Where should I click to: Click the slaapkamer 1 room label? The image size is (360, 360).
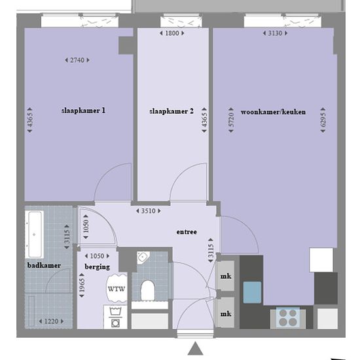point(83,111)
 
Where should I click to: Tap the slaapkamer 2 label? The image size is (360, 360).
point(171,111)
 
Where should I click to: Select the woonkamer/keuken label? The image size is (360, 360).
point(273,112)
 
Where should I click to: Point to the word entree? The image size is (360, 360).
point(187,232)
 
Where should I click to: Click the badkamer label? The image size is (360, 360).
point(44,265)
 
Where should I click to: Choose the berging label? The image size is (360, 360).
point(98,267)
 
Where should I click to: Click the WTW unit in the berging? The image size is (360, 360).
point(117,289)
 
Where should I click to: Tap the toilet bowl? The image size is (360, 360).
point(147,290)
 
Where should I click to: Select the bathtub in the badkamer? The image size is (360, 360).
point(35,234)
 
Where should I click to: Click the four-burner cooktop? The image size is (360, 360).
point(288,318)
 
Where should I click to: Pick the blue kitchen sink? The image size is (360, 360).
point(252,293)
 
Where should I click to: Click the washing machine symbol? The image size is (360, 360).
point(115,317)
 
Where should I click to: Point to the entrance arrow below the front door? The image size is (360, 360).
point(196,348)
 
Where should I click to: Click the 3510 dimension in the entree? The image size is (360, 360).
point(149,211)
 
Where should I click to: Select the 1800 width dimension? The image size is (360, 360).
point(172,33)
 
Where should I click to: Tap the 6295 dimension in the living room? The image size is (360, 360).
point(323,120)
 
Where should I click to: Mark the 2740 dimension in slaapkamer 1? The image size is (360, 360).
point(77,60)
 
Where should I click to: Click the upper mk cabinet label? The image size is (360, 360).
point(226,276)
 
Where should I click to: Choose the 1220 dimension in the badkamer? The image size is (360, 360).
point(51,321)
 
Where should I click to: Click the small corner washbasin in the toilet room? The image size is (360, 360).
point(143,257)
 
